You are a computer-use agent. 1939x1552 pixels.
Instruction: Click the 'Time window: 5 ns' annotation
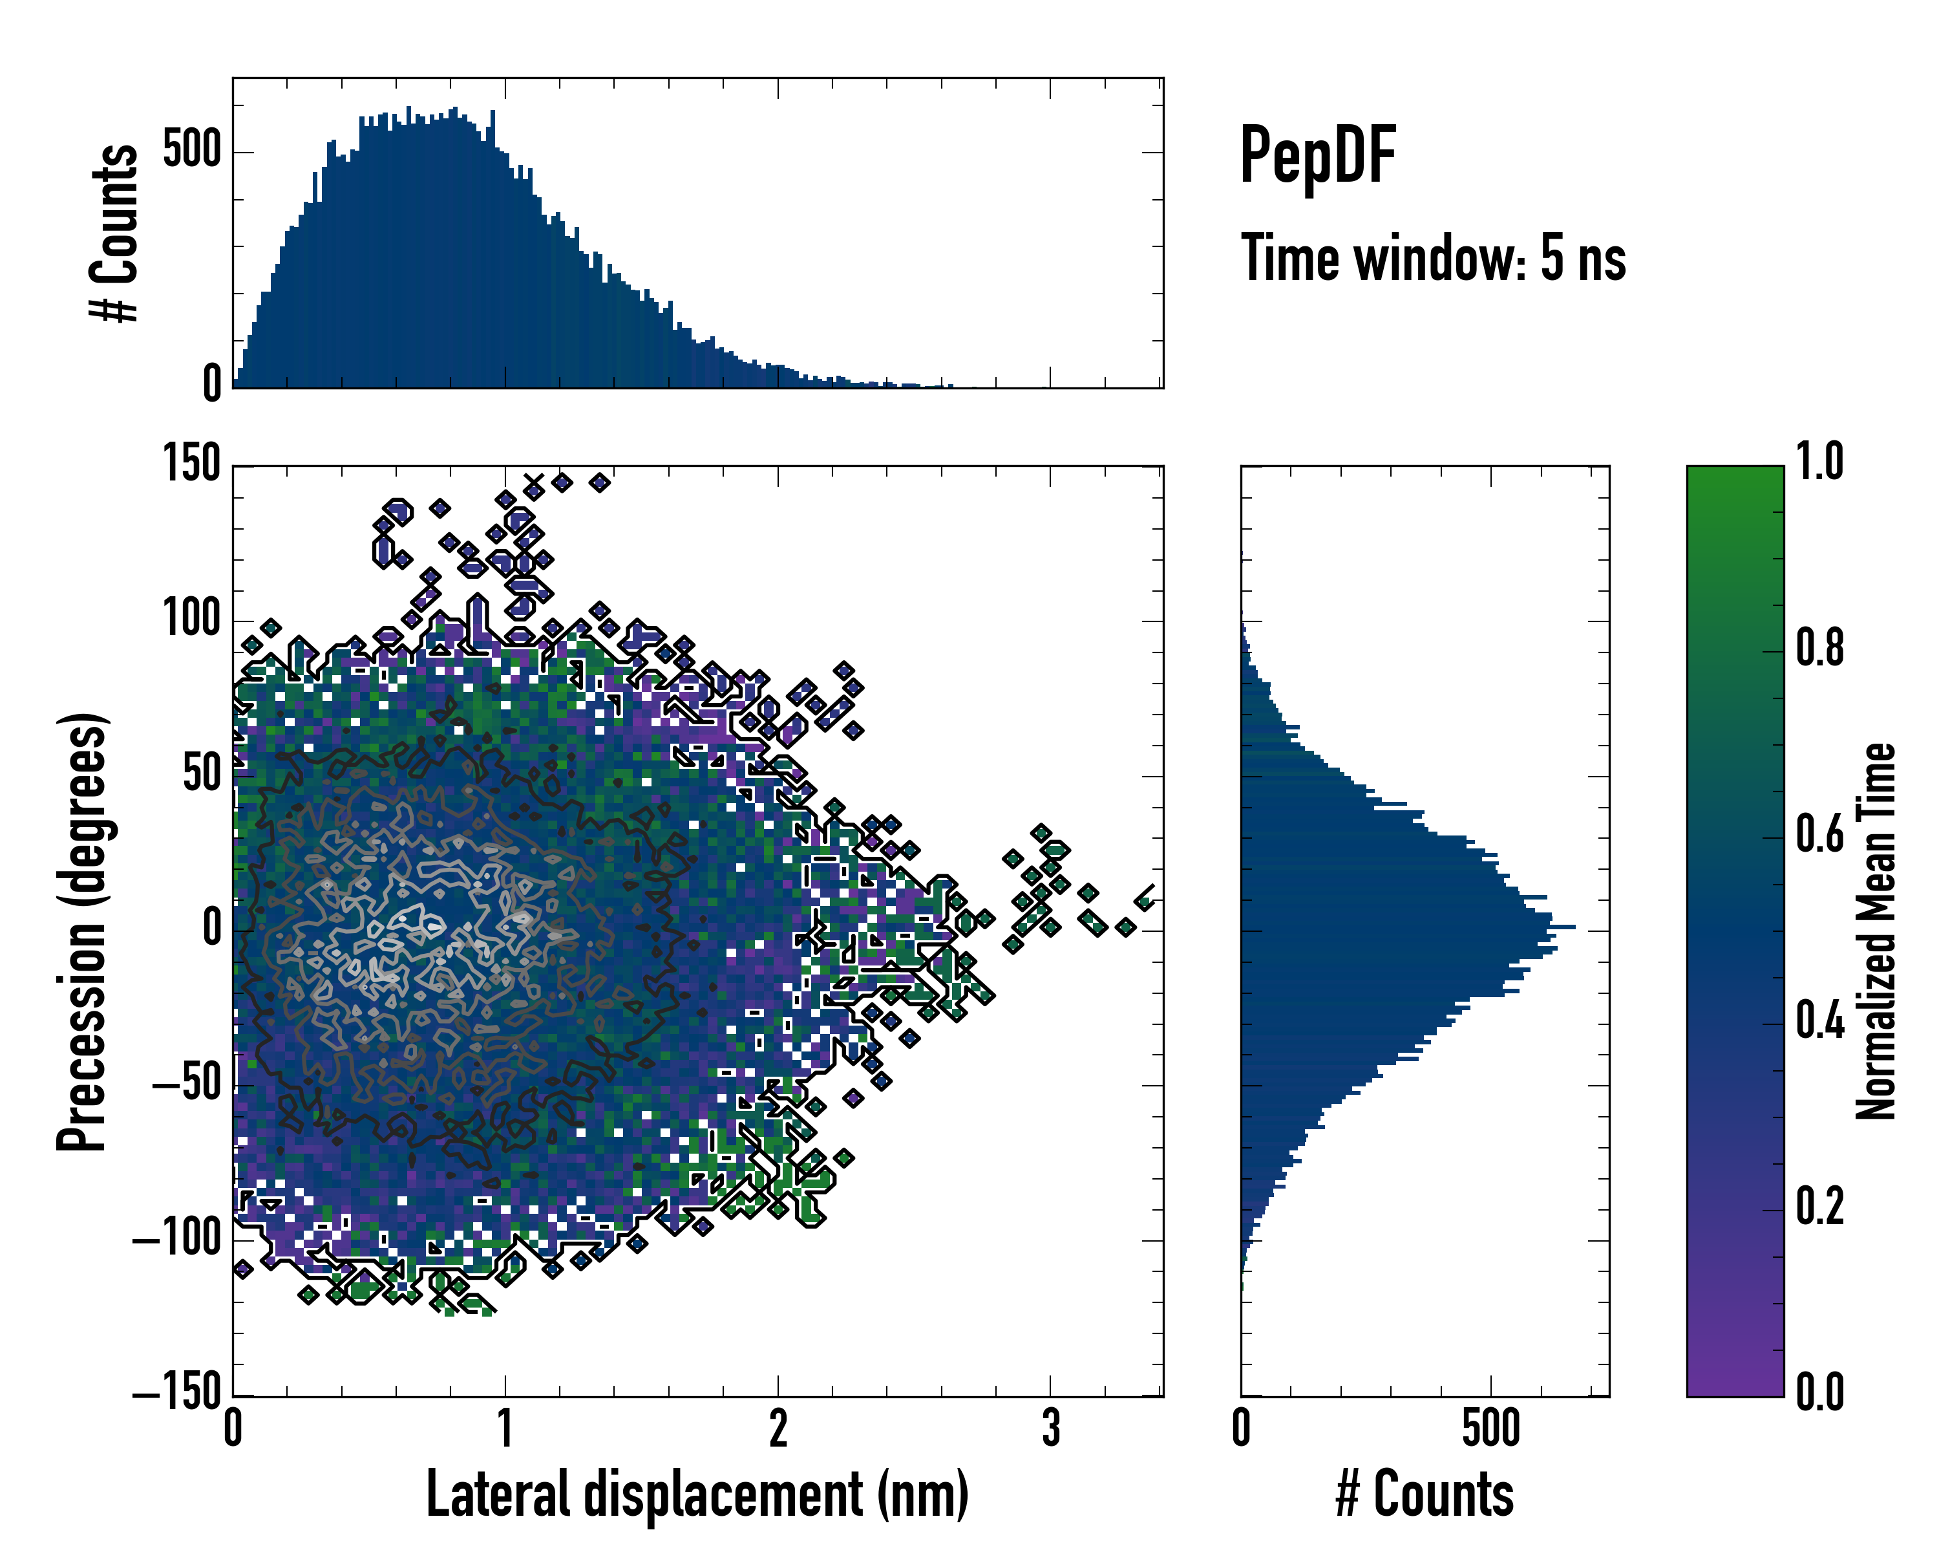click(1433, 258)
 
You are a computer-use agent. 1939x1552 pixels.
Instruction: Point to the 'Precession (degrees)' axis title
click(83, 931)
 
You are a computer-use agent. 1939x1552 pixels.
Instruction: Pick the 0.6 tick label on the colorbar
click(1819, 834)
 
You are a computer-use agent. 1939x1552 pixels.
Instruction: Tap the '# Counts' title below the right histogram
click(1425, 1494)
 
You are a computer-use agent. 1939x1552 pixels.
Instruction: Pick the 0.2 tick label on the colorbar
click(1819, 1207)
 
